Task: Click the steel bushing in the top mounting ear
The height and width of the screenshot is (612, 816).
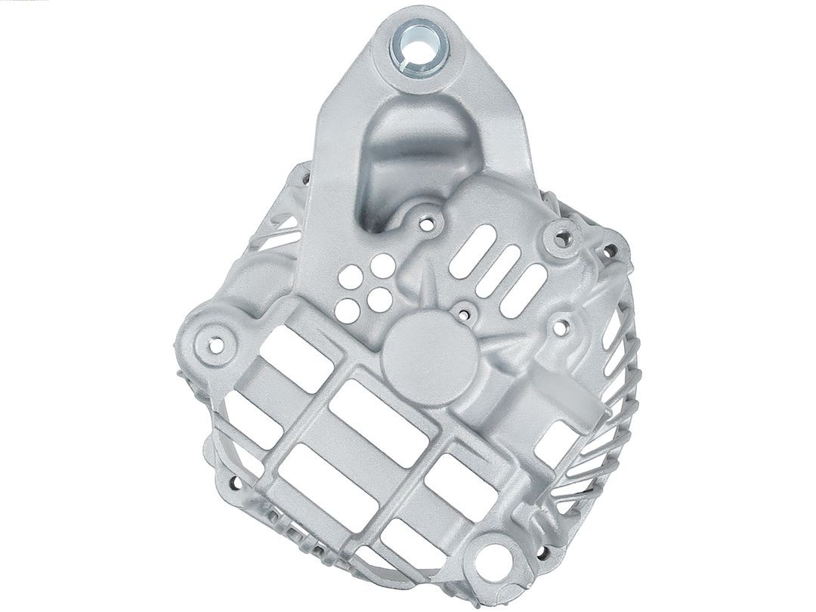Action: (419, 47)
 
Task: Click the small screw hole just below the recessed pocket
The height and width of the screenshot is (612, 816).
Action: (428, 224)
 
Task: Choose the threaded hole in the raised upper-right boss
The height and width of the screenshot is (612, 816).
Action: (561, 240)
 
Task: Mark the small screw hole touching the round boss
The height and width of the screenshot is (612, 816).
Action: (463, 311)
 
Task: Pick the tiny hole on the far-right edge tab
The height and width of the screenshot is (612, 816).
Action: (610, 249)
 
